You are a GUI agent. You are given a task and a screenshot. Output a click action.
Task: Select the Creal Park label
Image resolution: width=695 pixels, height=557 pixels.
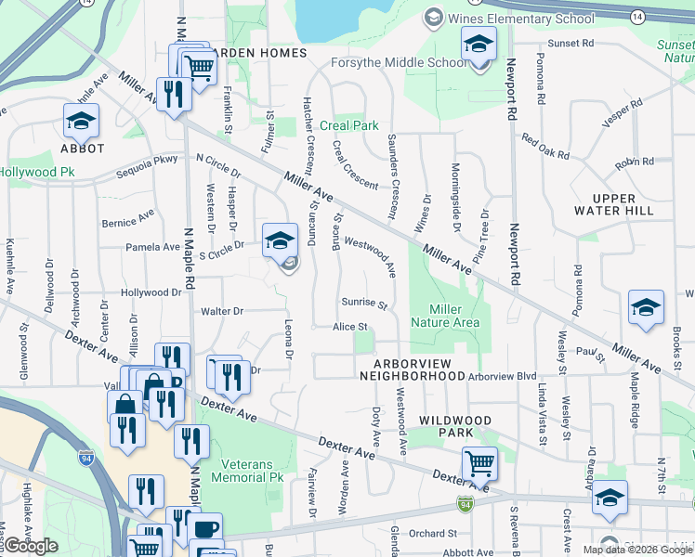[x=349, y=125]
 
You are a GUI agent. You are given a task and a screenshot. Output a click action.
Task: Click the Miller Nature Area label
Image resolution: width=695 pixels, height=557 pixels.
[x=454, y=316]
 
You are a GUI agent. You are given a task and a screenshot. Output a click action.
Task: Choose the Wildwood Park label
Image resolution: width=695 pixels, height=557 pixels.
[x=453, y=426]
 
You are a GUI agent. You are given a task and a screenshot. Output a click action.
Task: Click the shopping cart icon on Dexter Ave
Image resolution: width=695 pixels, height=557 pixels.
[x=479, y=461]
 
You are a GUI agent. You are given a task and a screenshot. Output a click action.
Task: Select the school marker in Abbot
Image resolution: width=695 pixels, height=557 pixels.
[x=81, y=120]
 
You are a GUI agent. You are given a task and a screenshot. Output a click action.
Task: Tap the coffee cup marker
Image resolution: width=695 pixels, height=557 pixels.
[x=204, y=529]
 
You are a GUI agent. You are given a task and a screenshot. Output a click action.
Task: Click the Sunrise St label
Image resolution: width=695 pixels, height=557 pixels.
[x=363, y=303]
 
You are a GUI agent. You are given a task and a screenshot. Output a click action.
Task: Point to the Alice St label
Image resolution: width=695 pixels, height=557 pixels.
[x=351, y=327]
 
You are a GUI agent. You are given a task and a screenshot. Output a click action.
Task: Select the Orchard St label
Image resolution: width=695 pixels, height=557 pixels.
[x=433, y=534]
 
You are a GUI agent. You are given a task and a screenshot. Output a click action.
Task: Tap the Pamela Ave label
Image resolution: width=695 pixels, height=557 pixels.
[x=153, y=248]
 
